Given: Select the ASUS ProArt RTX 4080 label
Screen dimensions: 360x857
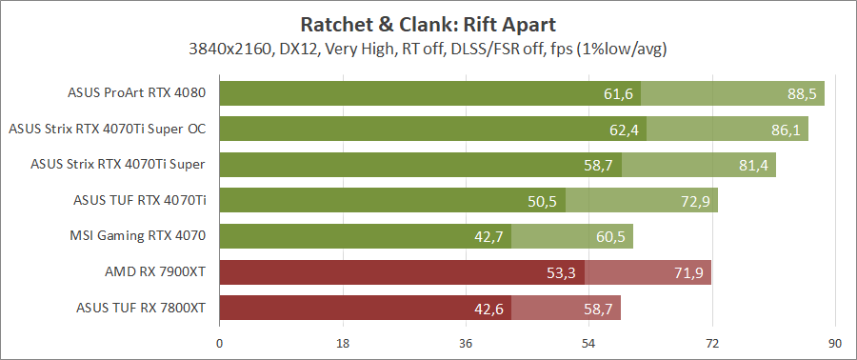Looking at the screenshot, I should point(137,93).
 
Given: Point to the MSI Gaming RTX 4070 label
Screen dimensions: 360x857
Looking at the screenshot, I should point(138,236).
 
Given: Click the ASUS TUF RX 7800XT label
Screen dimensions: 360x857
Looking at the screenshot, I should point(141,308).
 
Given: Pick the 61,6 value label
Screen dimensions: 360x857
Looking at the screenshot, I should point(618,93).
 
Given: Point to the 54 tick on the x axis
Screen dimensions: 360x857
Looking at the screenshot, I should point(588,344).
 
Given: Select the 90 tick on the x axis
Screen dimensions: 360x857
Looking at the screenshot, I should point(834,344).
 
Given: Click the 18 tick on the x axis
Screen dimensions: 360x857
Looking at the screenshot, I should point(343,344).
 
